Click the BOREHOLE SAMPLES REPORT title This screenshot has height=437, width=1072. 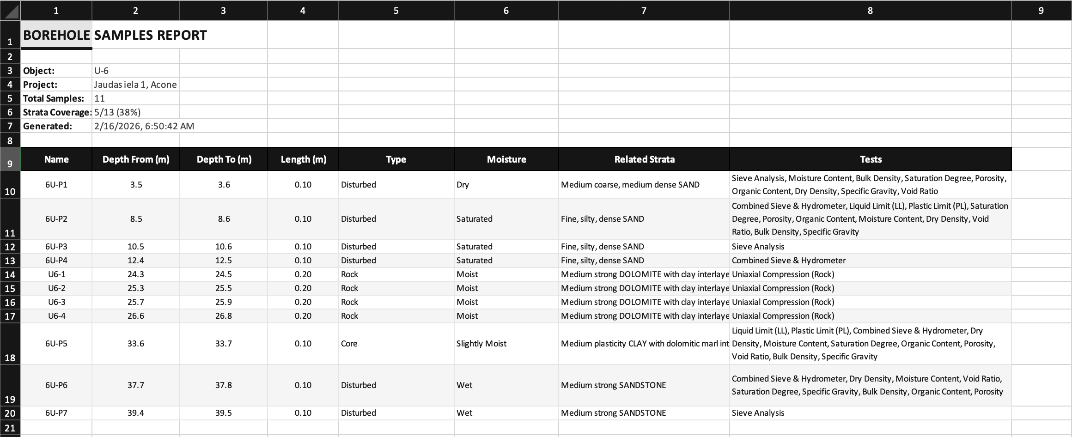(x=115, y=35)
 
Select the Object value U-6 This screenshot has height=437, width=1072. (x=102, y=71)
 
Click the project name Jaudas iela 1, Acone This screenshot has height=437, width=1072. (x=135, y=85)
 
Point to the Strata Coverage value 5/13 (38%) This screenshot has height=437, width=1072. (x=117, y=112)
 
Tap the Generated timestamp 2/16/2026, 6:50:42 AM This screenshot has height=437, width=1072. (x=144, y=126)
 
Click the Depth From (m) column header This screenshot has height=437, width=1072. (x=136, y=159)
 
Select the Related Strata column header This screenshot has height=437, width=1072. (x=644, y=159)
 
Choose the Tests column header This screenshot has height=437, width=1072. (x=871, y=159)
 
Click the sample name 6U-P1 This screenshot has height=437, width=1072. (x=56, y=185)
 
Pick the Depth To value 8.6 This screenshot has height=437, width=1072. (x=224, y=219)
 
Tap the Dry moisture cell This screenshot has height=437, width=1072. (x=463, y=185)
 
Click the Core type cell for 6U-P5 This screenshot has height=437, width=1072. (x=349, y=344)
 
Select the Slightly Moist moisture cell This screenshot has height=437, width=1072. (x=481, y=344)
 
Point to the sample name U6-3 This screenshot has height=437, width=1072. (x=56, y=302)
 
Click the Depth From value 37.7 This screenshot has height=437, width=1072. (x=136, y=385)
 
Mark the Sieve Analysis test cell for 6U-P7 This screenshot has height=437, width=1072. (x=758, y=413)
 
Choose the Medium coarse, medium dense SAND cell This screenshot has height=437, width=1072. (x=630, y=185)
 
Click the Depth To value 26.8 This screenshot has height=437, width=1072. (x=224, y=316)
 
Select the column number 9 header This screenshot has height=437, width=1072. (x=1041, y=11)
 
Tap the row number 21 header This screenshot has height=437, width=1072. (x=10, y=428)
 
